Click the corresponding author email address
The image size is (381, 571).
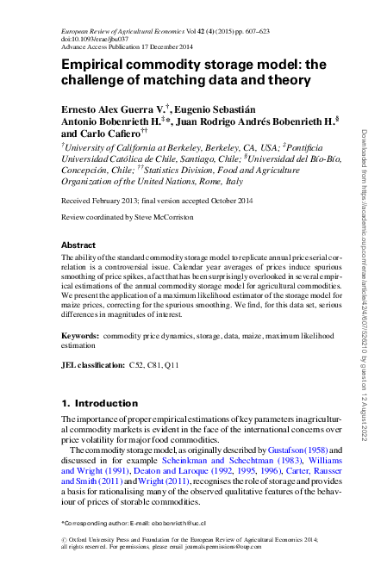point(181,523)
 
